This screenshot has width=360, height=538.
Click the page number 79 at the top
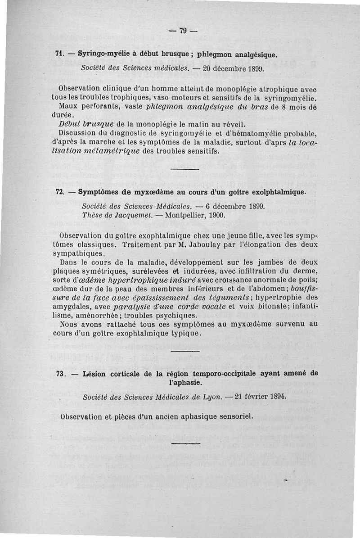click(183, 31)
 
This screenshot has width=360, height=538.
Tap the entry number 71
click(58, 54)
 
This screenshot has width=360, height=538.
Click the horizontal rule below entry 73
click(185, 443)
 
